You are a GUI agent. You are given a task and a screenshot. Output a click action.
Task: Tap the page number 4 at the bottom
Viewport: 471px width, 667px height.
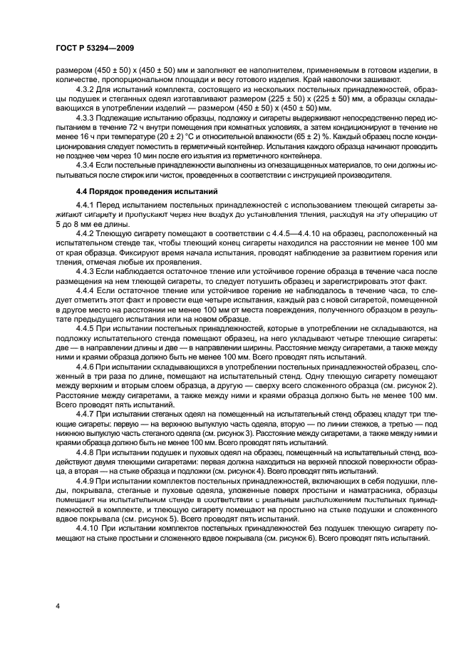coord(56,606)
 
